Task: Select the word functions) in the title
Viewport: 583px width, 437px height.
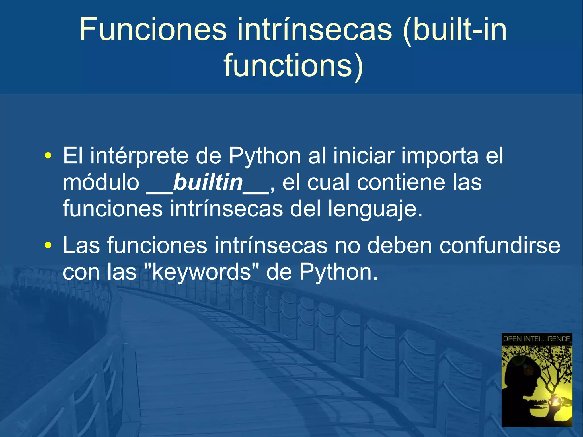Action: click(x=293, y=66)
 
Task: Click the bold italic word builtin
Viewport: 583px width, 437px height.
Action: click(x=208, y=182)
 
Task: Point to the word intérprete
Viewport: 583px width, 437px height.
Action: click(x=139, y=156)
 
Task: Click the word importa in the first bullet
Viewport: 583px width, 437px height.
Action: click(x=440, y=156)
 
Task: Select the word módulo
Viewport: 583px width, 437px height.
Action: click(x=101, y=182)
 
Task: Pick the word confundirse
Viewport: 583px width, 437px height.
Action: click(x=500, y=245)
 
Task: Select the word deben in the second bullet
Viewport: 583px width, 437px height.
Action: click(x=400, y=245)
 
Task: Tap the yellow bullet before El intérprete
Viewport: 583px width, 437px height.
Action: click(x=48, y=156)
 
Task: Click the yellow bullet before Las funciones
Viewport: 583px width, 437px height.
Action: click(x=48, y=245)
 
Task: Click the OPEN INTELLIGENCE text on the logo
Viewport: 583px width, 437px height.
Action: click(x=537, y=339)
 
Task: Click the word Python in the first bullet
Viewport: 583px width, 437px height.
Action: click(x=265, y=156)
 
